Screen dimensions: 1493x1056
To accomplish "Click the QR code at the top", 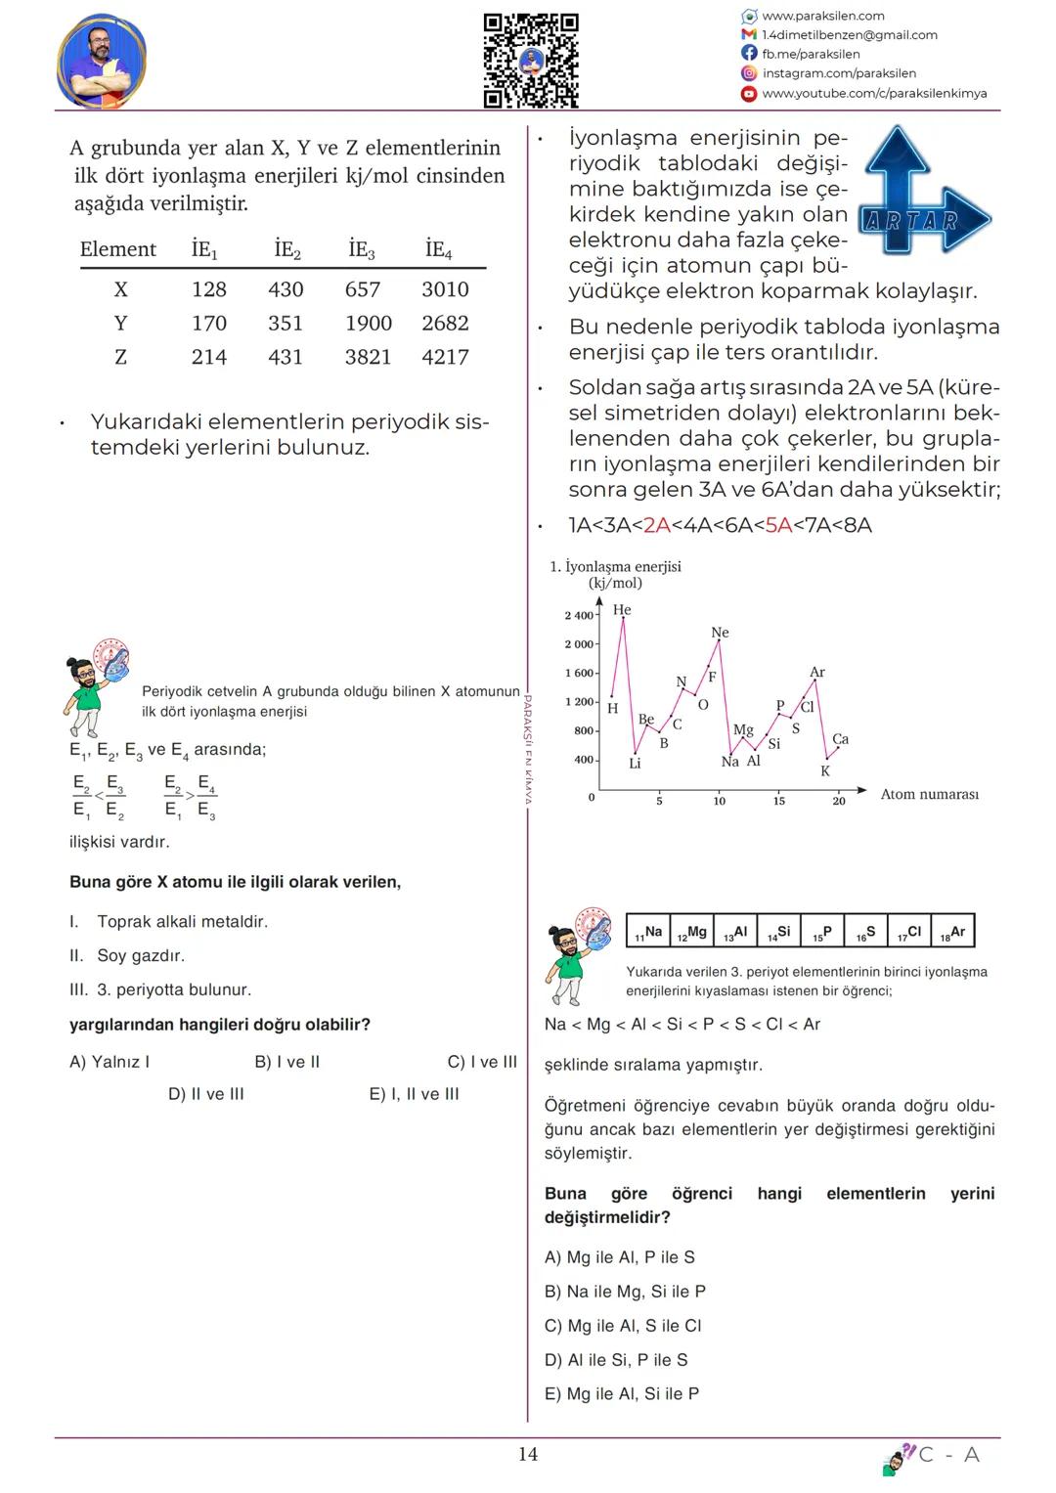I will pyautogui.click(x=531, y=61).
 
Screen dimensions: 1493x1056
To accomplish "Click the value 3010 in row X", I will pyautogui.click(x=445, y=289).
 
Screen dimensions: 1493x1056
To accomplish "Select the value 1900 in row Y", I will pyautogui.click(x=369, y=324).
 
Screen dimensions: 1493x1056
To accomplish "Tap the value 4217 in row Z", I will pyautogui.click(x=445, y=358).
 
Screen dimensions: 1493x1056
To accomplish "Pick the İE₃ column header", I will pyautogui.click(x=362, y=250).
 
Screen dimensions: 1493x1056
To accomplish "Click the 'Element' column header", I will pyautogui.click(x=118, y=250).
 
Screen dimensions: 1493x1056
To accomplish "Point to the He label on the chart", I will pyautogui.click(x=622, y=610).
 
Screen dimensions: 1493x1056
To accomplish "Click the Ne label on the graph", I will pyautogui.click(x=720, y=633).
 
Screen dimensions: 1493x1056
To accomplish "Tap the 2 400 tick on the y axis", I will pyautogui.click(x=579, y=616).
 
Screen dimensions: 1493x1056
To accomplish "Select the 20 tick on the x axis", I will pyautogui.click(x=838, y=801).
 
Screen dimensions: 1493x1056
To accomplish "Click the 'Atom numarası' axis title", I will pyautogui.click(x=929, y=794).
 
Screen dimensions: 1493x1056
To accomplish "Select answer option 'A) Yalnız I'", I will pyautogui.click(x=110, y=1062).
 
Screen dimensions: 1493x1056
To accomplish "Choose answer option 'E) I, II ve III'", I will pyautogui.click(x=414, y=1094).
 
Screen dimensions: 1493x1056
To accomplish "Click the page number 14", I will pyautogui.click(x=528, y=1454).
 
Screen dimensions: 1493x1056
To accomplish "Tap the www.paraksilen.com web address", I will pyautogui.click(x=822, y=16).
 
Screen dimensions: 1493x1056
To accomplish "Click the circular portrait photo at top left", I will pyautogui.click(x=102, y=61).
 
